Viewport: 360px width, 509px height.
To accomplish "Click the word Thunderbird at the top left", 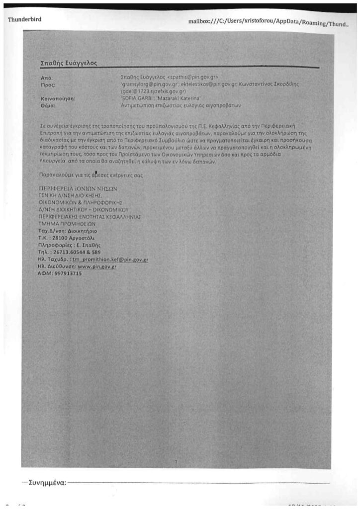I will click(24, 19).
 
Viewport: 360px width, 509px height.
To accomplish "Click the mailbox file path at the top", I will click(268, 22).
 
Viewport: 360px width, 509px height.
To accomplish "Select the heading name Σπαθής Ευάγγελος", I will click(68, 63).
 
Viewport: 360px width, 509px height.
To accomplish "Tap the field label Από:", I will click(46, 78).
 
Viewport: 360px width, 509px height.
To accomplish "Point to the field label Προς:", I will click(47, 85).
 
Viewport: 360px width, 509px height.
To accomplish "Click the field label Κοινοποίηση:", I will click(57, 99).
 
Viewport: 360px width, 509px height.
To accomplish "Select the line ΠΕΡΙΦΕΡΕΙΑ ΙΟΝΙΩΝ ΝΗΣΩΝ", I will click(78, 189).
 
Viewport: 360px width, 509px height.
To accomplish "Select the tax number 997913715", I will click(68, 273).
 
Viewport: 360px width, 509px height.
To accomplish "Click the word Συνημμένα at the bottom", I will click(47, 482).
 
